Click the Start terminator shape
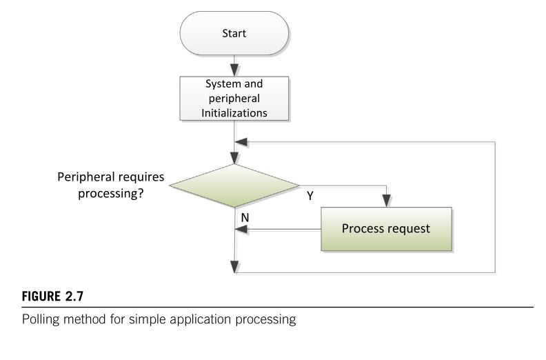(234, 33)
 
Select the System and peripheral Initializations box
(234, 99)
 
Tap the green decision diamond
(234, 186)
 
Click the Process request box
(386, 229)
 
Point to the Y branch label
(310, 196)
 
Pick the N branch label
(245, 217)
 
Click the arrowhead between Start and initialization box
(234, 70)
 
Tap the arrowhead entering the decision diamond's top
(234, 158)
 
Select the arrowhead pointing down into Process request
(386, 201)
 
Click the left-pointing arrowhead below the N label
(241, 230)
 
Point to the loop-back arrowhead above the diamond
(241, 142)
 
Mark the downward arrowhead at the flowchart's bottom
(234, 267)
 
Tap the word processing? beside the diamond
(110, 193)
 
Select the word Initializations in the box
(234, 113)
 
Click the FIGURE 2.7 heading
(52, 297)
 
